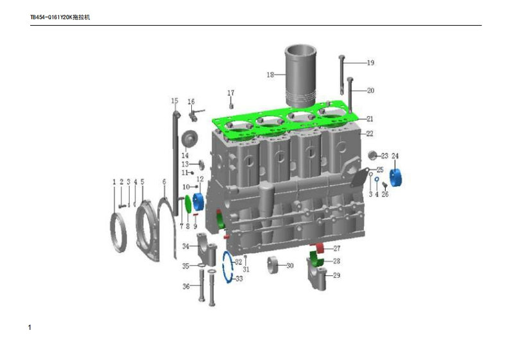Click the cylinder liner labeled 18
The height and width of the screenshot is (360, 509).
coord(300,76)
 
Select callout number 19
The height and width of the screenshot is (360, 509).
coord(370,63)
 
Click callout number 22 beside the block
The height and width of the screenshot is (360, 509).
coord(370,133)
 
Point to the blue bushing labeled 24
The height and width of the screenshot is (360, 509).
coord(395,178)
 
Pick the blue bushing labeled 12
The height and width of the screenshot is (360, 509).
coord(198,201)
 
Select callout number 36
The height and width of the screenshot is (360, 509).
coord(186,286)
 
